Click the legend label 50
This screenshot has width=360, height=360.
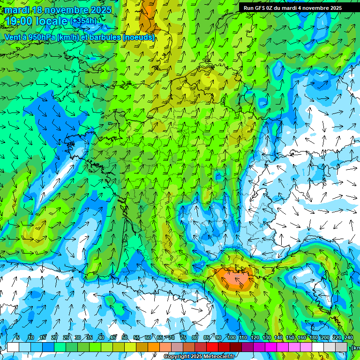(125, 337)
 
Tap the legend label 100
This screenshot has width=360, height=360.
(232, 337)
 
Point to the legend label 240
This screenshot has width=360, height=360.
(349, 337)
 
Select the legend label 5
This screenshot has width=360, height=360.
(18, 337)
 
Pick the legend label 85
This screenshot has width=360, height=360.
(207, 337)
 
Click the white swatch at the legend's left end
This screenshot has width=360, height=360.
(13, 347)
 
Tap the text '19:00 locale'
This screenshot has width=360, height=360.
(36, 21)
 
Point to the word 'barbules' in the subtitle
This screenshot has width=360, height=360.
(104, 37)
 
